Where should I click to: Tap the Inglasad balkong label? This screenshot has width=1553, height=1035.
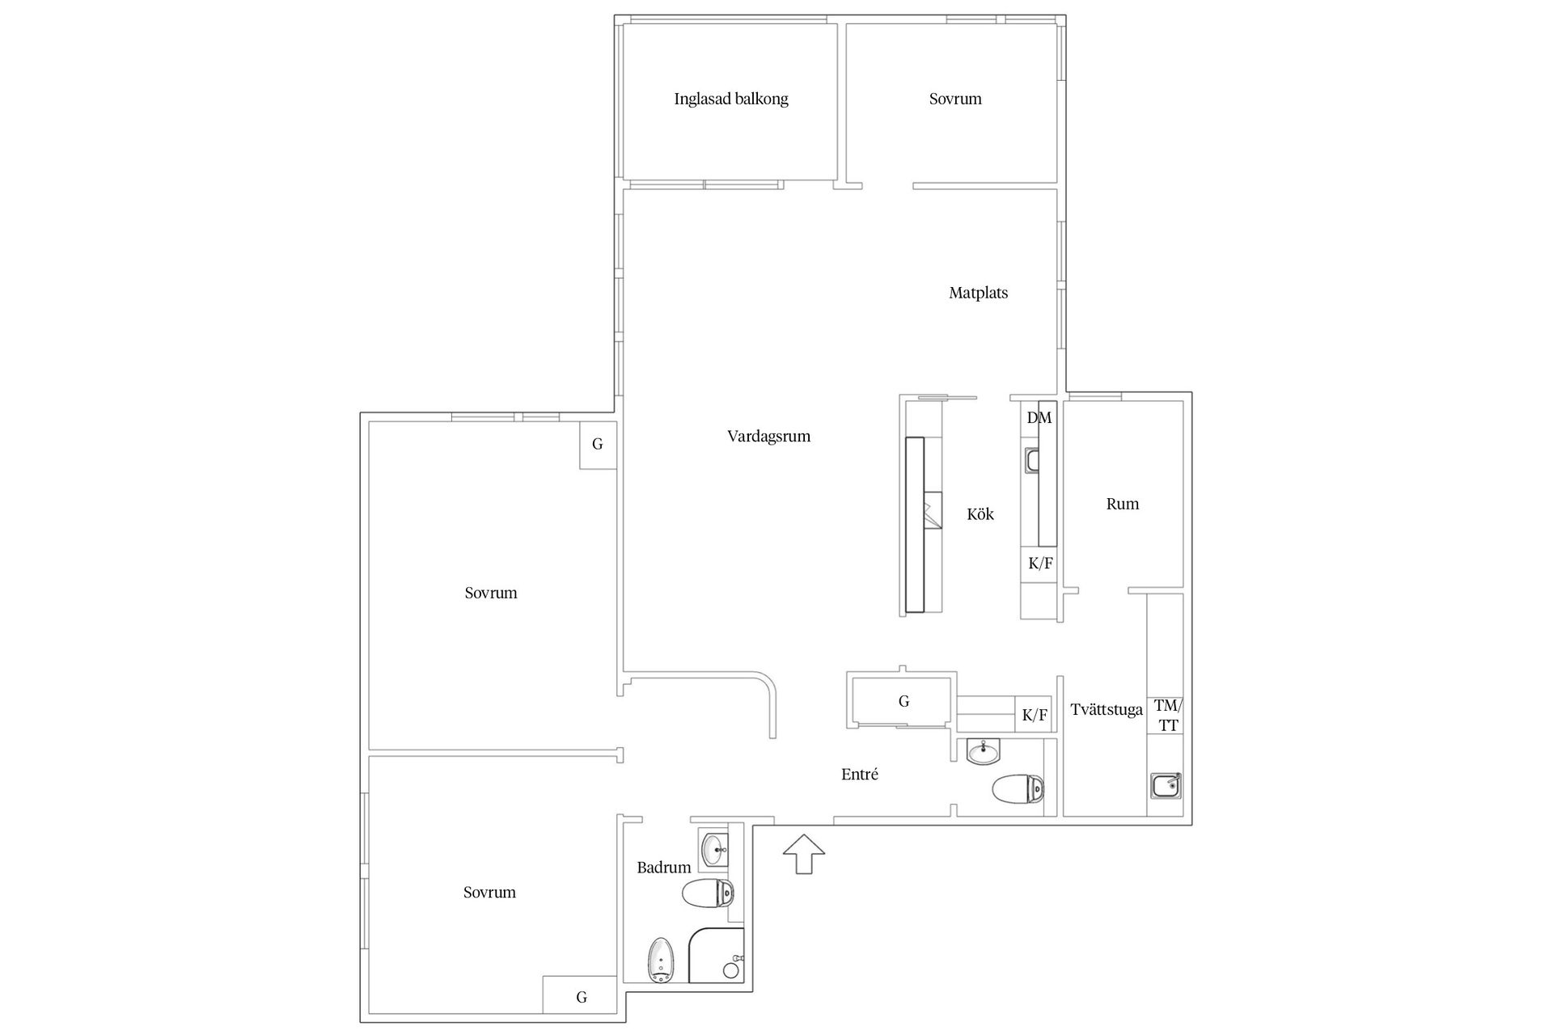click(731, 99)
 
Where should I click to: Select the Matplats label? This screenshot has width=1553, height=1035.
click(978, 293)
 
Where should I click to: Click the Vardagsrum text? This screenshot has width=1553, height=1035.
click(768, 437)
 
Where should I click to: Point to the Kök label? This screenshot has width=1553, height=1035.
click(980, 514)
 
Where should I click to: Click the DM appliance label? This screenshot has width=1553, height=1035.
click(1039, 418)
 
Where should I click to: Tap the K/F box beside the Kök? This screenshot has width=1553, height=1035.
click(1040, 564)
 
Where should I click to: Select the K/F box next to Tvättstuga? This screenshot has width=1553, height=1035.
click(1035, 715)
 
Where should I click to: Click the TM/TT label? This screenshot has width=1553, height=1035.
click(1167, 716)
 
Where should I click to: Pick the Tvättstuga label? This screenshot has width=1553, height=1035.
click(1107, 710)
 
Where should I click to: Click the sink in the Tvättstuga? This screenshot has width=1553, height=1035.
click(1166, 784)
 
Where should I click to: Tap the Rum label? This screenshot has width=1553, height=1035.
click(1123, 504)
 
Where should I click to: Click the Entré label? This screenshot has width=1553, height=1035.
click(860, 775)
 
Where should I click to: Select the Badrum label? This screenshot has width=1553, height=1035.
click(664, 868)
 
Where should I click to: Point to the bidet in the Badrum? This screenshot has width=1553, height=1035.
click(661, 961)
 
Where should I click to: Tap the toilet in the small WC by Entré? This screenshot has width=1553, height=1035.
click(1018, 788)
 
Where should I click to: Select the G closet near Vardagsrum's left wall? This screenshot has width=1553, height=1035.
click(598, 444)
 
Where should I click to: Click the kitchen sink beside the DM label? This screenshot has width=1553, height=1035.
click(1031, 460)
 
